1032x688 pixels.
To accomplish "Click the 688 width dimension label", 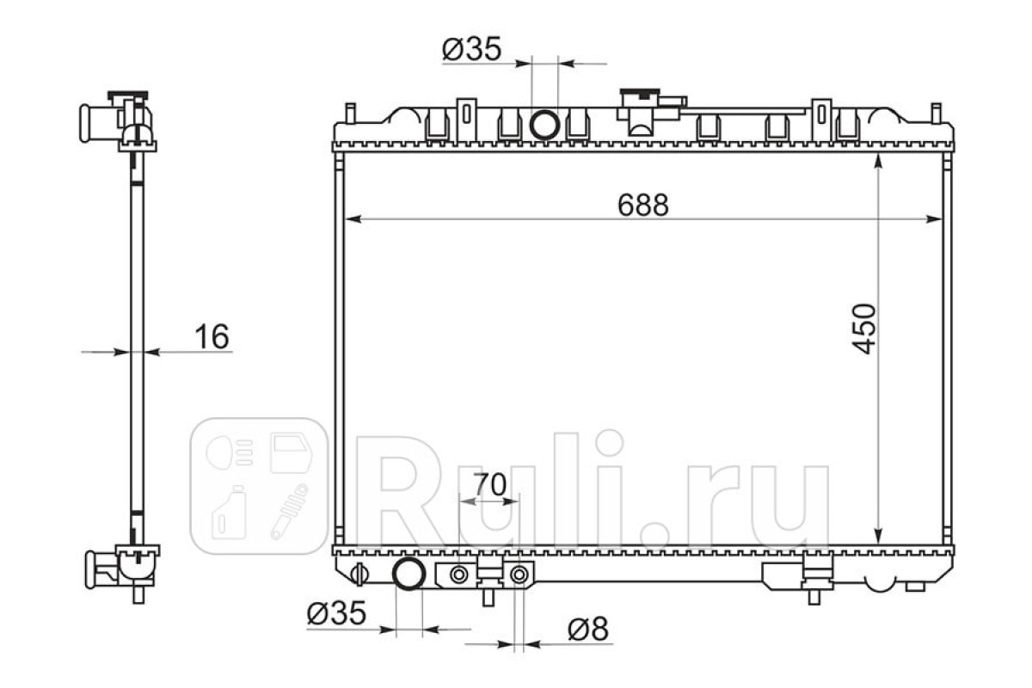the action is tap(642, 205).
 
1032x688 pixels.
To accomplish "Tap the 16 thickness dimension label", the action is tap(212, 336).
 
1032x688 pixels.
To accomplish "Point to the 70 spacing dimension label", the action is tap(490, 484).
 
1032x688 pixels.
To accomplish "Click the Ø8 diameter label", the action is tap(588, 629).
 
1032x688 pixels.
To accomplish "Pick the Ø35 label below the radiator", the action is tap(336, 613).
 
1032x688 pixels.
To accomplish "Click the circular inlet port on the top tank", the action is tap(544, 125).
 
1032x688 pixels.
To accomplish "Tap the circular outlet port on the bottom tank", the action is tap(408, 574).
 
